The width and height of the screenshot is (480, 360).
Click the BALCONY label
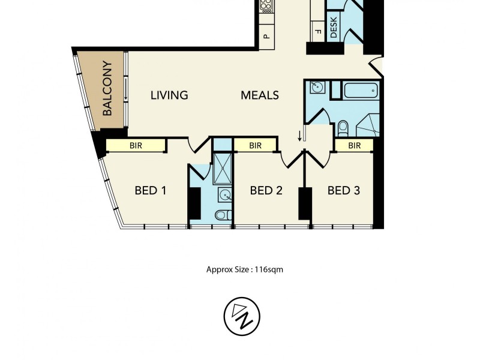click(108, 88)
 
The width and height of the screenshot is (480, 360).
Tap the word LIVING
click(169, 95)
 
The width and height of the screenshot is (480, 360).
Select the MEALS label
click(260, 95)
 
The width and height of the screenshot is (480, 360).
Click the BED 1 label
click(150, 191)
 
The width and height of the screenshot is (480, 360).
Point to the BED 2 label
click(266, 191)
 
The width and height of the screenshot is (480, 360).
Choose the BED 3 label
click(344, 191)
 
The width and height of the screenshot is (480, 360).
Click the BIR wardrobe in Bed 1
click(136, 145)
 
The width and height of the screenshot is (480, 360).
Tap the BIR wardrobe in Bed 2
click(256, 145)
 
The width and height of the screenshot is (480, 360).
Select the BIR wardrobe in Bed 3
click(354, 145)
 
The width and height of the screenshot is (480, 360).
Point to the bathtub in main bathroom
click(360, 92)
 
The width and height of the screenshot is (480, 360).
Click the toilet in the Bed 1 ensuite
click(221, 215)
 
